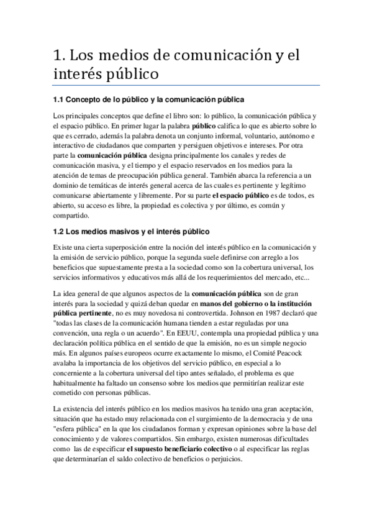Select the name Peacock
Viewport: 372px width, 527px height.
tap(301, 355)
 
